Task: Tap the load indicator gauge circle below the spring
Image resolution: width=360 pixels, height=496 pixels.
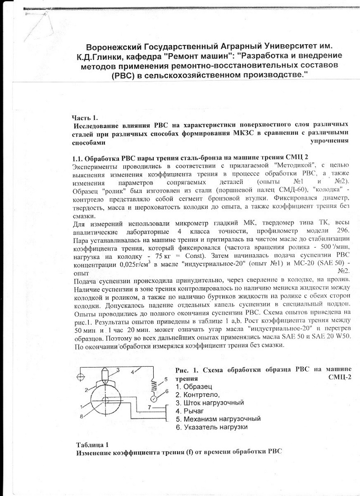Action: [153, 398]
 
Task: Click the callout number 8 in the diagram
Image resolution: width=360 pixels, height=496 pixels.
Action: [81, 418]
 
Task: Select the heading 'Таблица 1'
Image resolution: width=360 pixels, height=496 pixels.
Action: [92, 443]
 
